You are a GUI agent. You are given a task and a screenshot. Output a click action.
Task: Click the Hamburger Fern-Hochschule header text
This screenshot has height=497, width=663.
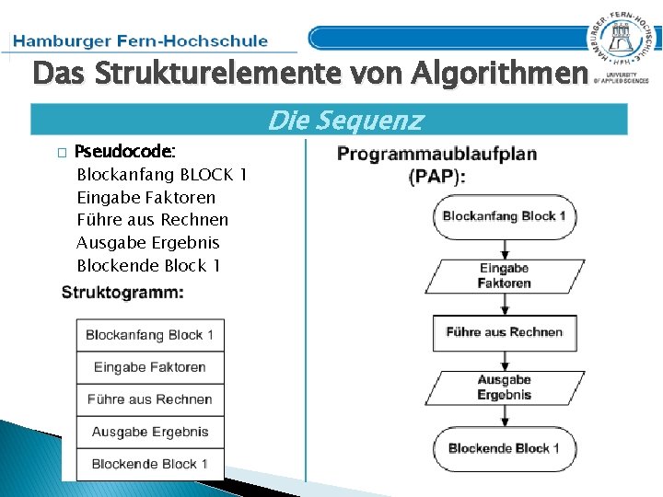(x=142, y=40)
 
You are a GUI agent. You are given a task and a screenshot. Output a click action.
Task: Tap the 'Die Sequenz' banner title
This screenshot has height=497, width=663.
(x=345, y=121)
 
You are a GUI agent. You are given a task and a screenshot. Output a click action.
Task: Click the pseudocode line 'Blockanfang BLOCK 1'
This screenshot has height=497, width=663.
(x=162, y=174)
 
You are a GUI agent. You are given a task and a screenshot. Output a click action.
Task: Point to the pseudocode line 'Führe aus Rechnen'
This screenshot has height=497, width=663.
(x=153, y=220)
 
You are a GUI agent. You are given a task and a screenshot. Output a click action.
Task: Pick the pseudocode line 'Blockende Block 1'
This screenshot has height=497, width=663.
(x=149, y=266)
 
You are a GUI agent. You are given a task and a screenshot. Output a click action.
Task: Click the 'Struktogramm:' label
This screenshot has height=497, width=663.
(x=122, y=293)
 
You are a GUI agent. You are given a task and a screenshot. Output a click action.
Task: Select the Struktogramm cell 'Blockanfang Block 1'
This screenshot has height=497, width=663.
(x=150, y=335)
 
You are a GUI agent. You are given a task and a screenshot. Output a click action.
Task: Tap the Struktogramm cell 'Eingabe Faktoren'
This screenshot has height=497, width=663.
(x=150, y=367)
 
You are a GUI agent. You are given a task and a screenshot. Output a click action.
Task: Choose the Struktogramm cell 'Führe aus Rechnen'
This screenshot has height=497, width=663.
(x=150, y=399)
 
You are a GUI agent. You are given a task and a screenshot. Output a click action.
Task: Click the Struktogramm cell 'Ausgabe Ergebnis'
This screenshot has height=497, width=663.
(x=150, y=432)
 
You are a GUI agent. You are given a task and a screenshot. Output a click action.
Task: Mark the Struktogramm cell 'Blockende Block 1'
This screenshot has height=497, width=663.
(x=150, y=464)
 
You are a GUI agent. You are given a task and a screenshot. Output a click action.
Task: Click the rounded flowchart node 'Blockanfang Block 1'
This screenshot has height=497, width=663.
(x=505, y=216)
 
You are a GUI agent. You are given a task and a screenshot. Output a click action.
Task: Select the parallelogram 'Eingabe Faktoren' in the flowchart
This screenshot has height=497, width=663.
(x=505, y=275)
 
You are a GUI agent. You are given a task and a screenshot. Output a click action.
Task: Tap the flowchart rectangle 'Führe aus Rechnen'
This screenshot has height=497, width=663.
(x=505, y=332)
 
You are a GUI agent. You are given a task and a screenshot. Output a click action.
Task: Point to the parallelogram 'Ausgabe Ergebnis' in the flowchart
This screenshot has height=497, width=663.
(x=505, y=387)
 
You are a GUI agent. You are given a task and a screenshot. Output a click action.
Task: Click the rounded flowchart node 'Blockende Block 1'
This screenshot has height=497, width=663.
(x=505, y=448)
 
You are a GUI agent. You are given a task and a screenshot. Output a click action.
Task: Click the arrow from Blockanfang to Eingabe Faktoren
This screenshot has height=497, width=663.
(x=505, y=248)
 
